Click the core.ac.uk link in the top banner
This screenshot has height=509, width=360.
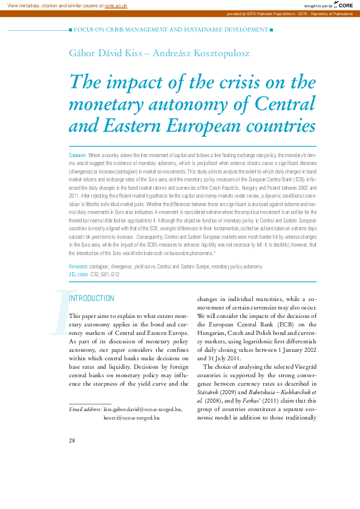click(x=116, y=5)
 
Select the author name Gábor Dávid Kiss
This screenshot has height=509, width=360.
click(x=104, y=53)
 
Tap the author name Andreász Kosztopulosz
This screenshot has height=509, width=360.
click(x=201, y=53)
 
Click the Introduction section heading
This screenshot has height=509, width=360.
click(x=92, y=299)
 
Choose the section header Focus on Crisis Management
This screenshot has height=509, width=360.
click(x=171, y=29)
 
